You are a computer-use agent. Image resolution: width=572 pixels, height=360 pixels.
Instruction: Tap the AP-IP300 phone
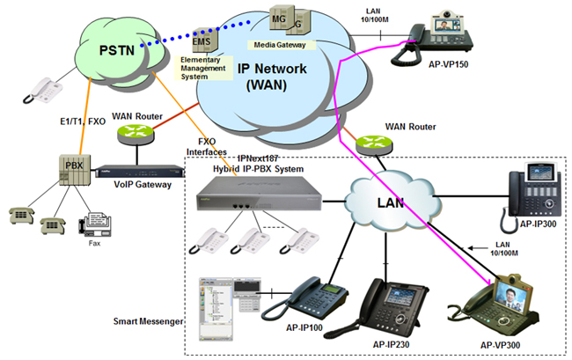[x=535, y=191]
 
